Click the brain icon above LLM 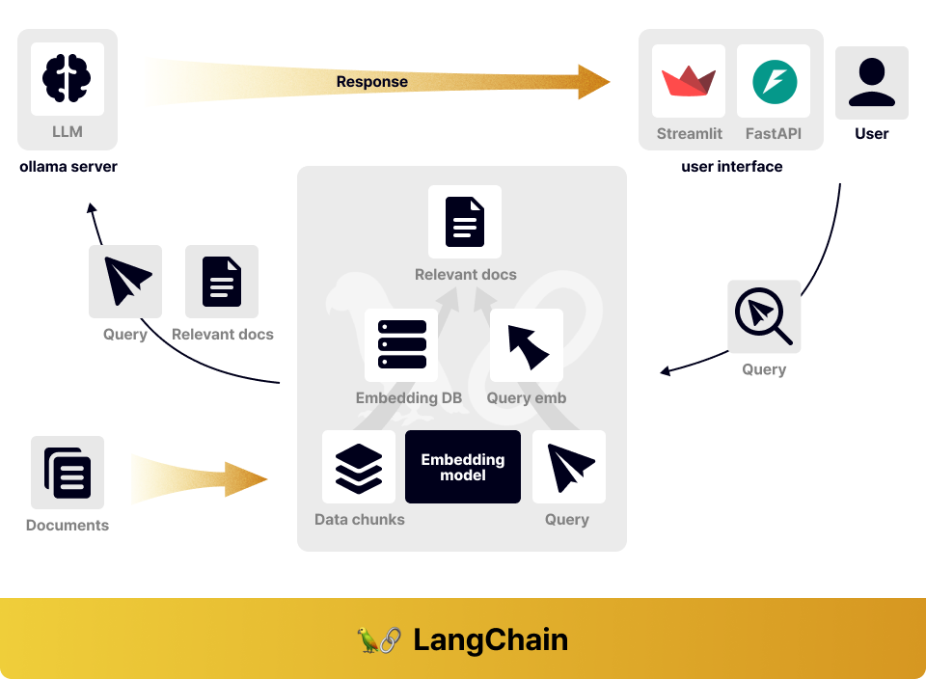67,78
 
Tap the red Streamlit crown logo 689,81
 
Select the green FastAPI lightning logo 775,81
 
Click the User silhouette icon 872,82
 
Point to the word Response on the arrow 372,81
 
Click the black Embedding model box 463,467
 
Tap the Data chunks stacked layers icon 359,468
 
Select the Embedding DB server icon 401,344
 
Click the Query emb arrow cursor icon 528,346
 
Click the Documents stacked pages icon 68,473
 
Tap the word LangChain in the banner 490,640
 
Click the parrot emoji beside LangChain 368,640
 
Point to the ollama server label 68,167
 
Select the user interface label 732,167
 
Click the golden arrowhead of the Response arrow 593,81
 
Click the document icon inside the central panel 465,222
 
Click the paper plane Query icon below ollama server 126,281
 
